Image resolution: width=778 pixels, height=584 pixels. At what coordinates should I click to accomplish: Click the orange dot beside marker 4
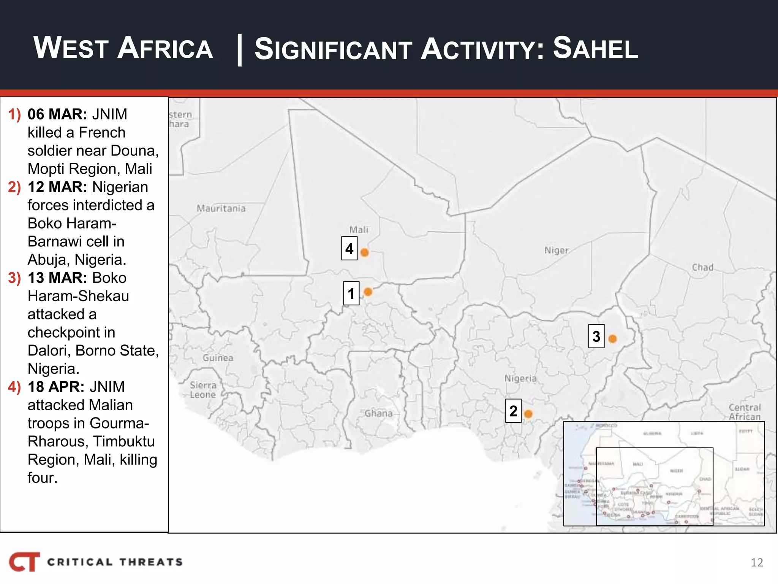[364, 252]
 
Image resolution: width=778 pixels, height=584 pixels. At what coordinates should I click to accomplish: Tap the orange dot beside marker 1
[368, 292]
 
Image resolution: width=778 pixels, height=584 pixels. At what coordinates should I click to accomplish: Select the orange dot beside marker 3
[612, 338]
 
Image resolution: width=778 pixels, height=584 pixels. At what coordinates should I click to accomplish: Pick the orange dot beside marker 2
[528, 413]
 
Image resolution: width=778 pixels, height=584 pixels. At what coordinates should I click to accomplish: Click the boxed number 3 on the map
[596, 336]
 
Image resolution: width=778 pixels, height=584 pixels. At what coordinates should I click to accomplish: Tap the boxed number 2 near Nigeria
[513, 411]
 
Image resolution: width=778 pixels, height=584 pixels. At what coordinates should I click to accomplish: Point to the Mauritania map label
[221, 208]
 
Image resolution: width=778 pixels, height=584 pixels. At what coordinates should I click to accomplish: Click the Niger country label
[556, 250]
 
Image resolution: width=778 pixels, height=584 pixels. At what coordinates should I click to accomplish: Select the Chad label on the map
[702, 267]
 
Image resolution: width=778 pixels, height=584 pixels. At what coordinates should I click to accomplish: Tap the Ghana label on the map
[378, 413]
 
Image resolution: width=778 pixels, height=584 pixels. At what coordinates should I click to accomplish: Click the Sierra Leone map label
[203, 390]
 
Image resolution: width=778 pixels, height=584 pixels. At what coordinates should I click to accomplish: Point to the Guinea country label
[218, 358]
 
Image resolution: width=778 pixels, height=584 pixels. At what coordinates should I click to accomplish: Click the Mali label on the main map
[359, 230]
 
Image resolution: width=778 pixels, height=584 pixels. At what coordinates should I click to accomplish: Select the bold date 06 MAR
[57, 114]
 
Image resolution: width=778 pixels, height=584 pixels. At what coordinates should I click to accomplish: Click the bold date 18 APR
[56, 387]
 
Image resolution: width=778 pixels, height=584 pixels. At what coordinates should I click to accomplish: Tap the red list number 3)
[14, 278]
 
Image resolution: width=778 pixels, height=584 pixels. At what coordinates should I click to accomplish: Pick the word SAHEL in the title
[595, 48]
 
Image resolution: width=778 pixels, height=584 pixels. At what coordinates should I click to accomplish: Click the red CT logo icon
[24, 562]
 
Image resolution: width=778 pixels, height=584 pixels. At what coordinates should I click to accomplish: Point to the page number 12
[757, 562]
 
